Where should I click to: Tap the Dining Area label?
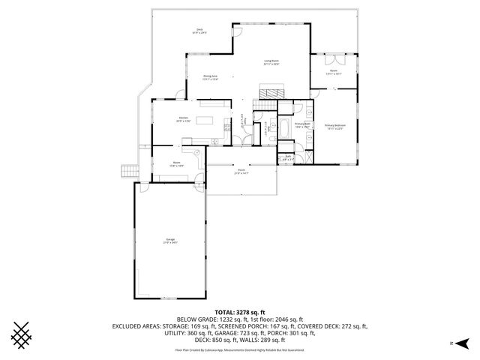(211, 77)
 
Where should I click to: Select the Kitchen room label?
(183, 118)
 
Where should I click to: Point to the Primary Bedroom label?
(335, 126)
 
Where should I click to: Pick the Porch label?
(241, 172)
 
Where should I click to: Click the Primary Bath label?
(302, 125)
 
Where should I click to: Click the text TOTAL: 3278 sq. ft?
(239, 311)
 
